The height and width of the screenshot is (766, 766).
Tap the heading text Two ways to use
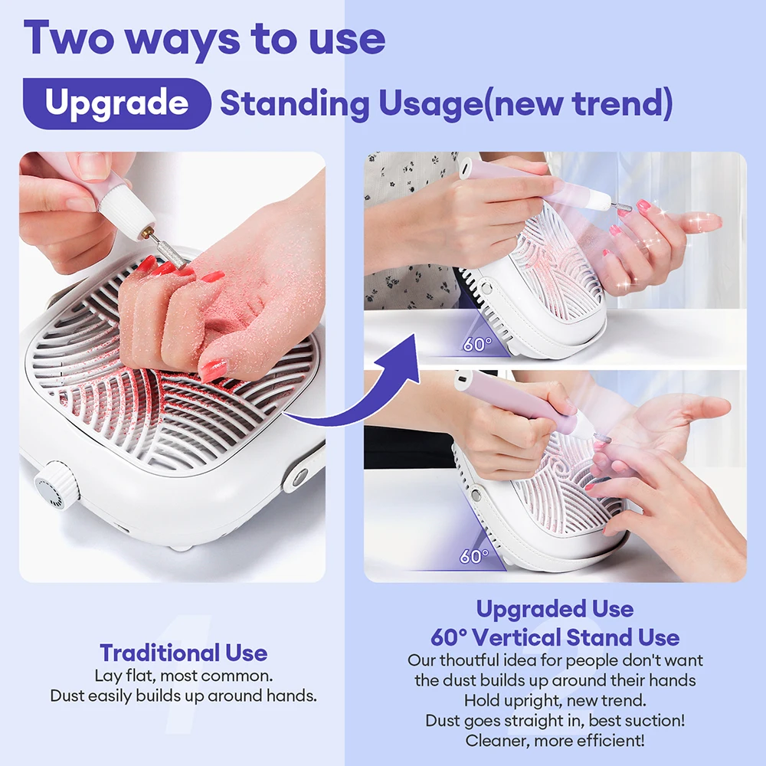[204, 38]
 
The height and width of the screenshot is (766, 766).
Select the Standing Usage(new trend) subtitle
[446, 104]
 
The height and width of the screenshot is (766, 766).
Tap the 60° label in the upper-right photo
[476, 344]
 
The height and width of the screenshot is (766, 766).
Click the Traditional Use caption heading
[184, 653]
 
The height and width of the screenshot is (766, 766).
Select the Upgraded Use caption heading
[555, 610]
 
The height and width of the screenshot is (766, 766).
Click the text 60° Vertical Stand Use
[555, 637]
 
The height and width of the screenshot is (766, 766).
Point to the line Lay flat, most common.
[184, 677]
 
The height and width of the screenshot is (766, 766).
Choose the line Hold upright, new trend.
[555, 700]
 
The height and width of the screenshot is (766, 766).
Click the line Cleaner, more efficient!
[555, 741]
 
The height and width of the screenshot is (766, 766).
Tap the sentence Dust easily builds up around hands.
[184, 696]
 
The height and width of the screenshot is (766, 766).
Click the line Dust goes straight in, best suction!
[555, 721]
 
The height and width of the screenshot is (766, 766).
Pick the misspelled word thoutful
[470, 660]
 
